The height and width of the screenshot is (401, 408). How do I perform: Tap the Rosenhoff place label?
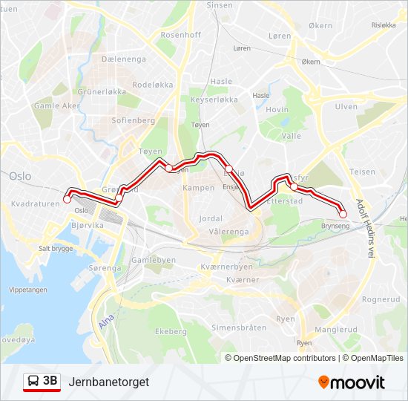[180, 35]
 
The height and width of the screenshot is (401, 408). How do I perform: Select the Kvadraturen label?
[36, 203]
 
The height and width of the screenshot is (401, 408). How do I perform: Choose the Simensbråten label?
[239, 327]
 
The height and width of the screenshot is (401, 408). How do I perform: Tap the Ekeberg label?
[171, 331]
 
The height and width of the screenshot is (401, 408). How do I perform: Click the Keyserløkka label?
[214, 99]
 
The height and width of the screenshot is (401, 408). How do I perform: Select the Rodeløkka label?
[152, 85]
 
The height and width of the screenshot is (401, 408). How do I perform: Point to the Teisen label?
[363, 172]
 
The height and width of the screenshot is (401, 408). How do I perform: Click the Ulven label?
[346, 107]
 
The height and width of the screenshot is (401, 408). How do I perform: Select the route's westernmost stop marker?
[68, 198]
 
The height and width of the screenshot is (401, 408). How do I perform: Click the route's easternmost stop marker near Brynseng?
[343, 214]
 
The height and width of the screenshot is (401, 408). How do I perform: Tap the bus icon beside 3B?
[34, 381]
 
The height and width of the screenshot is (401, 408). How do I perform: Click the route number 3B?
[50, 381]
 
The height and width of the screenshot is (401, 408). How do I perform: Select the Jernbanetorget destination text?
[108, 382]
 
